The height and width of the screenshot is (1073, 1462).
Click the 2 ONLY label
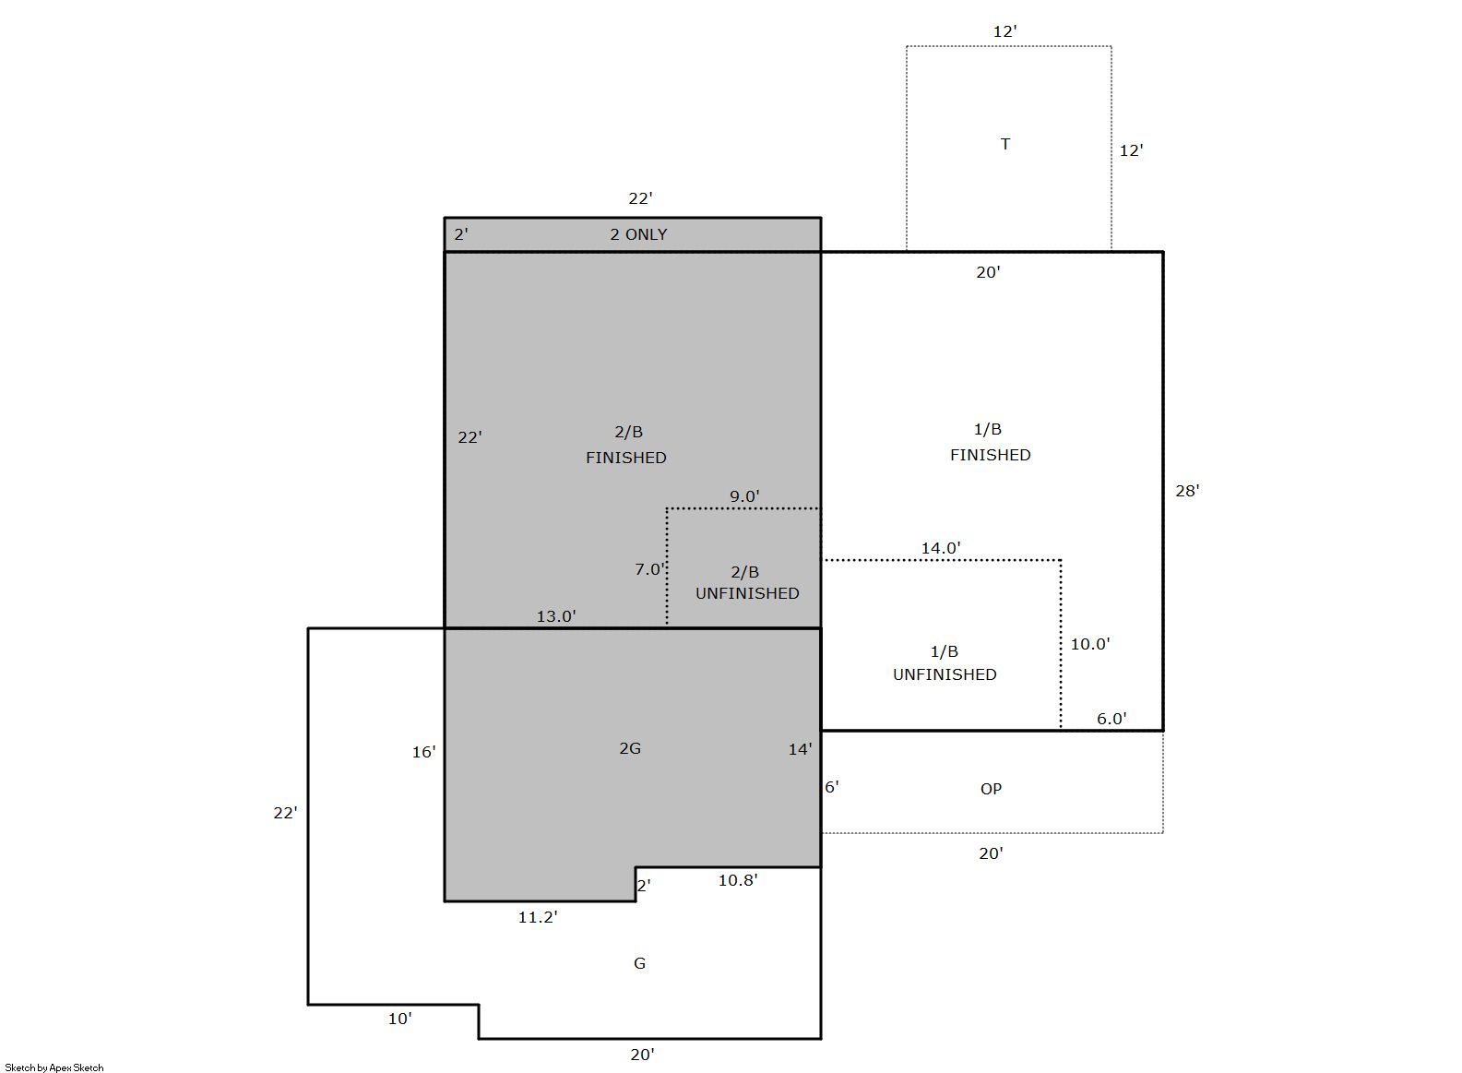(638, 234)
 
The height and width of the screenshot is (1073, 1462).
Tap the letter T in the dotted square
(1005, 144)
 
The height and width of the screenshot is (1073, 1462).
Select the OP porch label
(991, 789)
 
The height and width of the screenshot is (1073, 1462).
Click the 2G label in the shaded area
(630, 748)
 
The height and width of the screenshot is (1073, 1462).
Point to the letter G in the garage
(639, 962)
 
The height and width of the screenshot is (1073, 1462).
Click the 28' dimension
(1187, 490)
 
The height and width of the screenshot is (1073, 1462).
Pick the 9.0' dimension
(744, 496)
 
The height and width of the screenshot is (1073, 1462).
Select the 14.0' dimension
(941, 548)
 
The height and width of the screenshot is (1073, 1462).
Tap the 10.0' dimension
(1090, 644)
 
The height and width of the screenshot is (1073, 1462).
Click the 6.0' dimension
(1111, 718)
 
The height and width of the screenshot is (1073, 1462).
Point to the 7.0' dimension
(650, 569)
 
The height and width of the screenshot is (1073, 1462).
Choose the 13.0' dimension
(556, 616)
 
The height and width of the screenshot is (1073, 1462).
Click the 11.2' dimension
(538, 917)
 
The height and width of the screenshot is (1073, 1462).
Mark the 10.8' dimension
(738, 880)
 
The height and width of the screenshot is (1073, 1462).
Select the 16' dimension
(423, 752)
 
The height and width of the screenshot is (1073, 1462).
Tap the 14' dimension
(801, 748)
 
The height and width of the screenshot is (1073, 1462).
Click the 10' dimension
(399, 1019)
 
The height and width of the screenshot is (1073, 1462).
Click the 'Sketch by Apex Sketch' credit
(54, 1067)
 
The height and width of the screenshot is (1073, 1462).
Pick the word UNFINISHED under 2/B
(747, 592)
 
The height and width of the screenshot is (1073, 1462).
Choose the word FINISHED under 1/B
(990, 454)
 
